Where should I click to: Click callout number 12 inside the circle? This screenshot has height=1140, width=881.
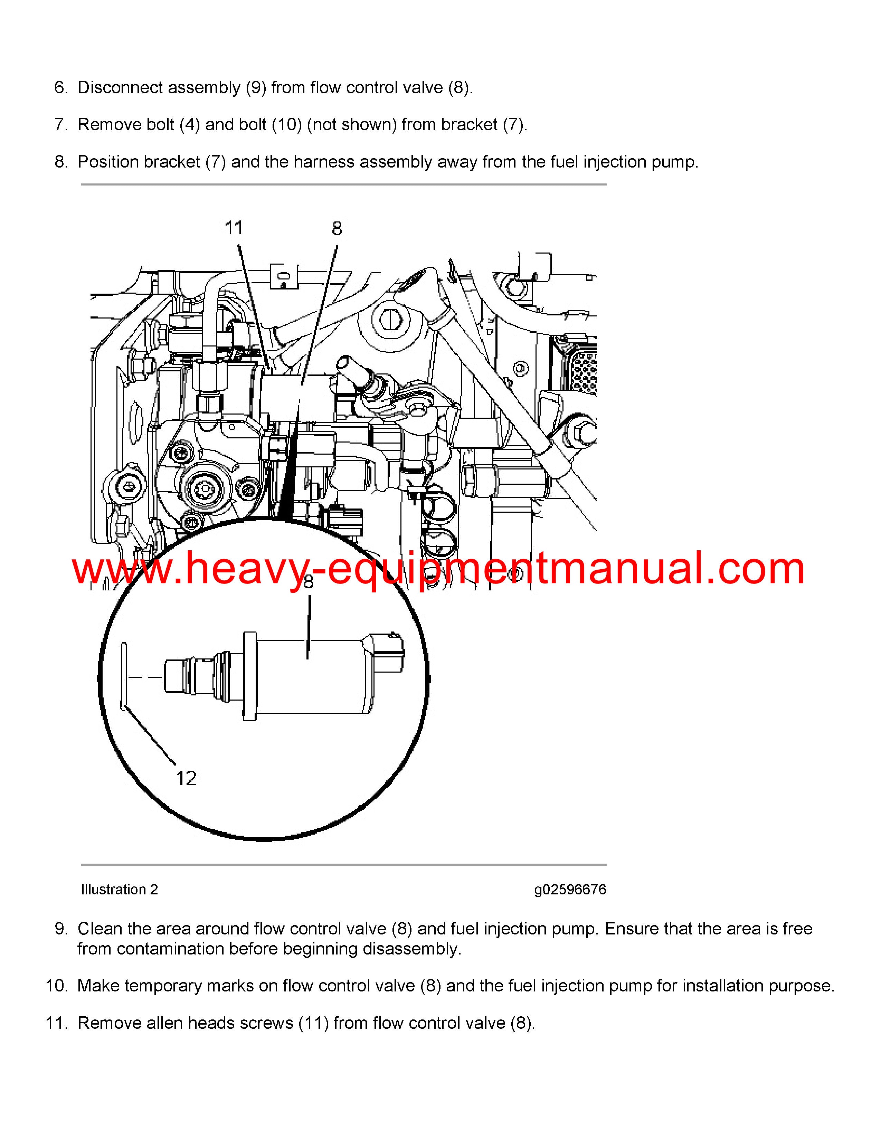186,778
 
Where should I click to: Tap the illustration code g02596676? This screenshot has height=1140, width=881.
570,890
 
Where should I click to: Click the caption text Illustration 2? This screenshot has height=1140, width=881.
120,890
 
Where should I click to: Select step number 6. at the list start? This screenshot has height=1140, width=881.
61,88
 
